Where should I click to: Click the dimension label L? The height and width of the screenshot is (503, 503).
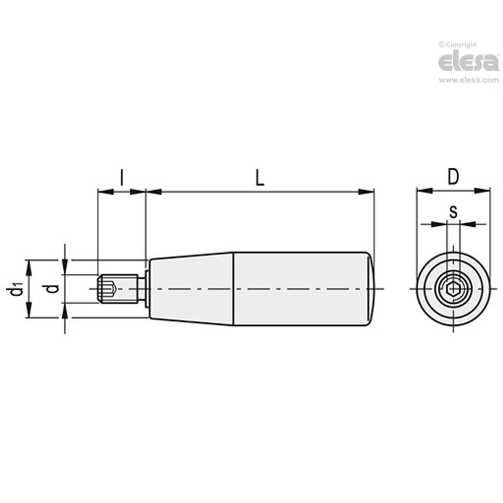click(x=259, y=179)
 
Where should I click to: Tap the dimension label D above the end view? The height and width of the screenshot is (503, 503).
click(x=453, y=177)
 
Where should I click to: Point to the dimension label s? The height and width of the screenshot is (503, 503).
click(x=453, y=212)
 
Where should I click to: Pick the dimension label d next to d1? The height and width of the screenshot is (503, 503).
click(x=51, y=288)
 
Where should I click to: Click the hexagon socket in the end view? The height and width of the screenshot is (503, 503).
click(x=453, y=288)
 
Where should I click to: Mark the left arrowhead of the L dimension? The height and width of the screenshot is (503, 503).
click(x=154, y=191)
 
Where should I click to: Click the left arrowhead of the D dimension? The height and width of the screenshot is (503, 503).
click(x=423, y=191)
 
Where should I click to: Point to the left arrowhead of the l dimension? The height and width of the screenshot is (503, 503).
click(x=104, y=191)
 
